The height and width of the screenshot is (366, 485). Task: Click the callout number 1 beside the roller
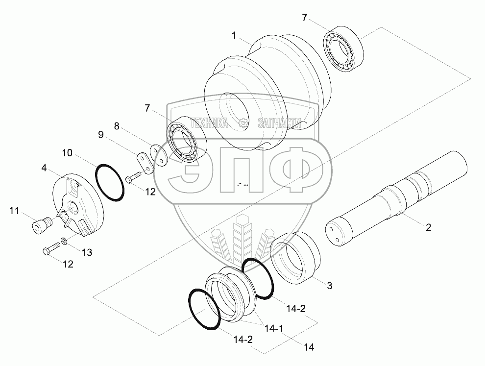(234, 36)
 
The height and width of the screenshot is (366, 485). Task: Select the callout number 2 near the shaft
(428, 227)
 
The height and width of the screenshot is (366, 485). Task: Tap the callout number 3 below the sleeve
(330, 286)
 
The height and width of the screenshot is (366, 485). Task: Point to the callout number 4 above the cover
(44, 168)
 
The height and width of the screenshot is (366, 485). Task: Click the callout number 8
(116, 126)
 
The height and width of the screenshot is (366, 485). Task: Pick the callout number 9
(101, 135)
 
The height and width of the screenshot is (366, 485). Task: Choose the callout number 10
(67, 153)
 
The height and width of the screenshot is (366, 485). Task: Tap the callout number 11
(14, 211)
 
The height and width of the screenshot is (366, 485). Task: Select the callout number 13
(87, 252)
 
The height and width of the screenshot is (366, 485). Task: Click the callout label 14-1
(274, 328)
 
